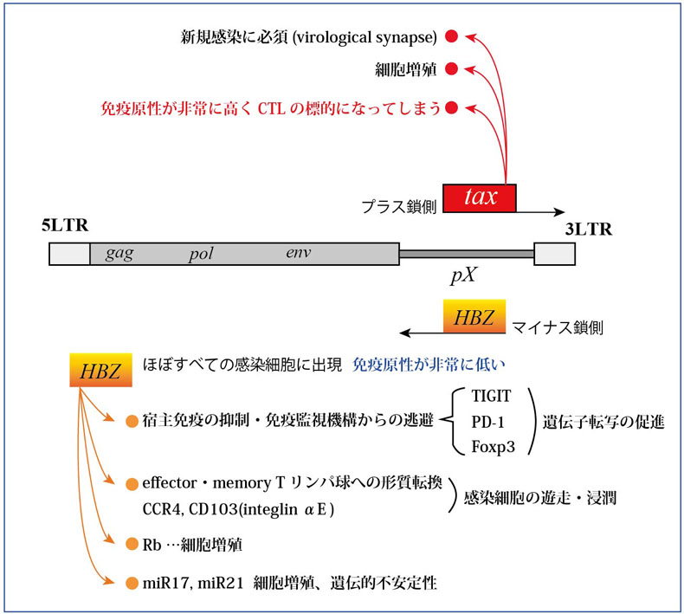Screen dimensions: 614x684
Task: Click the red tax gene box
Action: [480, 197]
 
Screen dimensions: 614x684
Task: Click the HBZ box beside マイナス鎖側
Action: [474, 317]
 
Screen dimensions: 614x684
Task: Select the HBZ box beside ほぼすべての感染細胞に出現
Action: [101, 370]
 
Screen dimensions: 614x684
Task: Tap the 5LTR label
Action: [66, 228]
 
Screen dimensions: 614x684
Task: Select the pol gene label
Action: [200, 255]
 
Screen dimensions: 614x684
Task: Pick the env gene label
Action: [298, 253]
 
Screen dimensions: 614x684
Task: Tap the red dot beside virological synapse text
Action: [451, 37]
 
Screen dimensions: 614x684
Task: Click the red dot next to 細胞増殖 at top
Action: [451, 68]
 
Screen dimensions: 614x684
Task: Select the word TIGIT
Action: [493, 397]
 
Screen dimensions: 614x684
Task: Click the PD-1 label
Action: [487, 423]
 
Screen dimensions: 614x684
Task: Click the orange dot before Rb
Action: [132, 545]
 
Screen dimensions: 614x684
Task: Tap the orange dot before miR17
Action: [132, 583]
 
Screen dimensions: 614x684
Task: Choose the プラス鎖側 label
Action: [399, 208]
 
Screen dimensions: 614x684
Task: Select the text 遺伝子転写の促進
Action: [603, 423]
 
